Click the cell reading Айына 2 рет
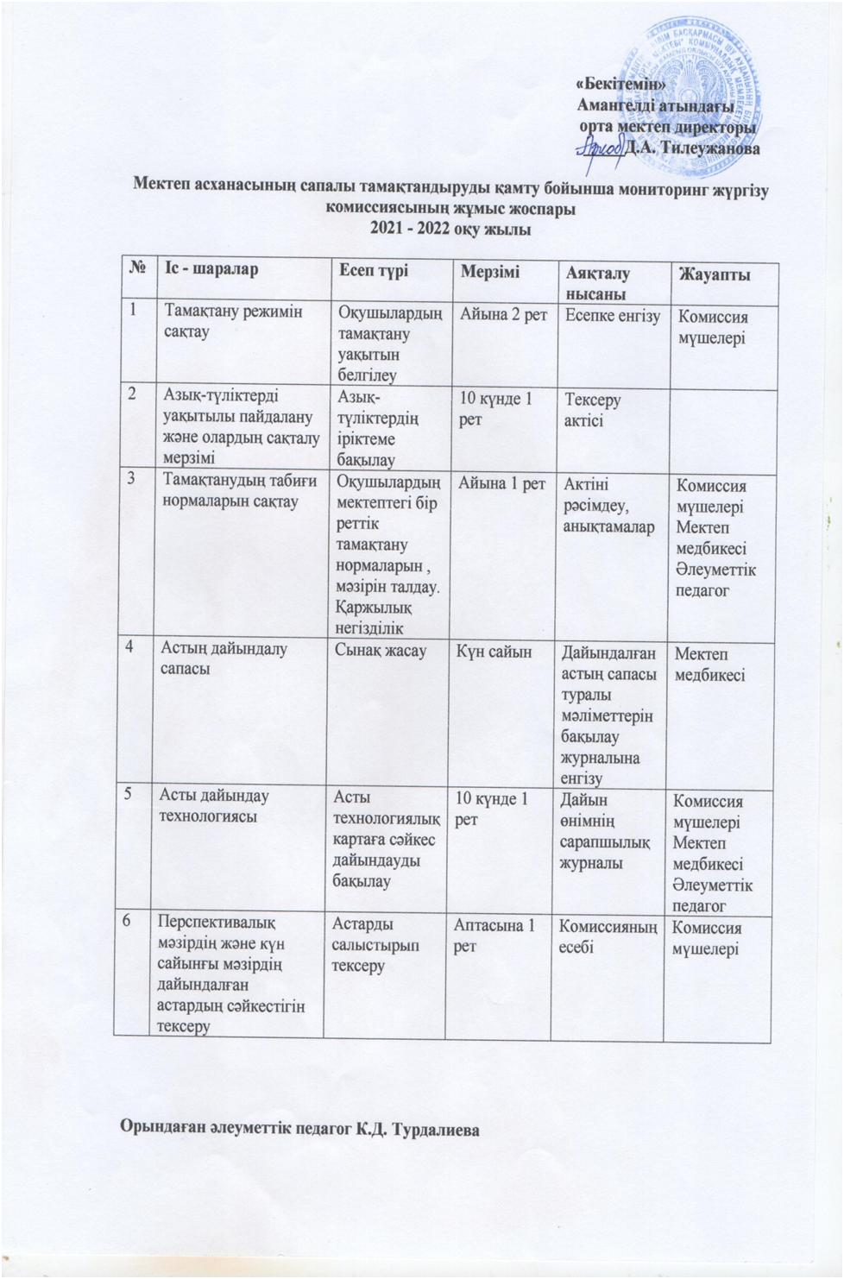(x=504, y=314)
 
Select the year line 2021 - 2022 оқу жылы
(x=450, y=230)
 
